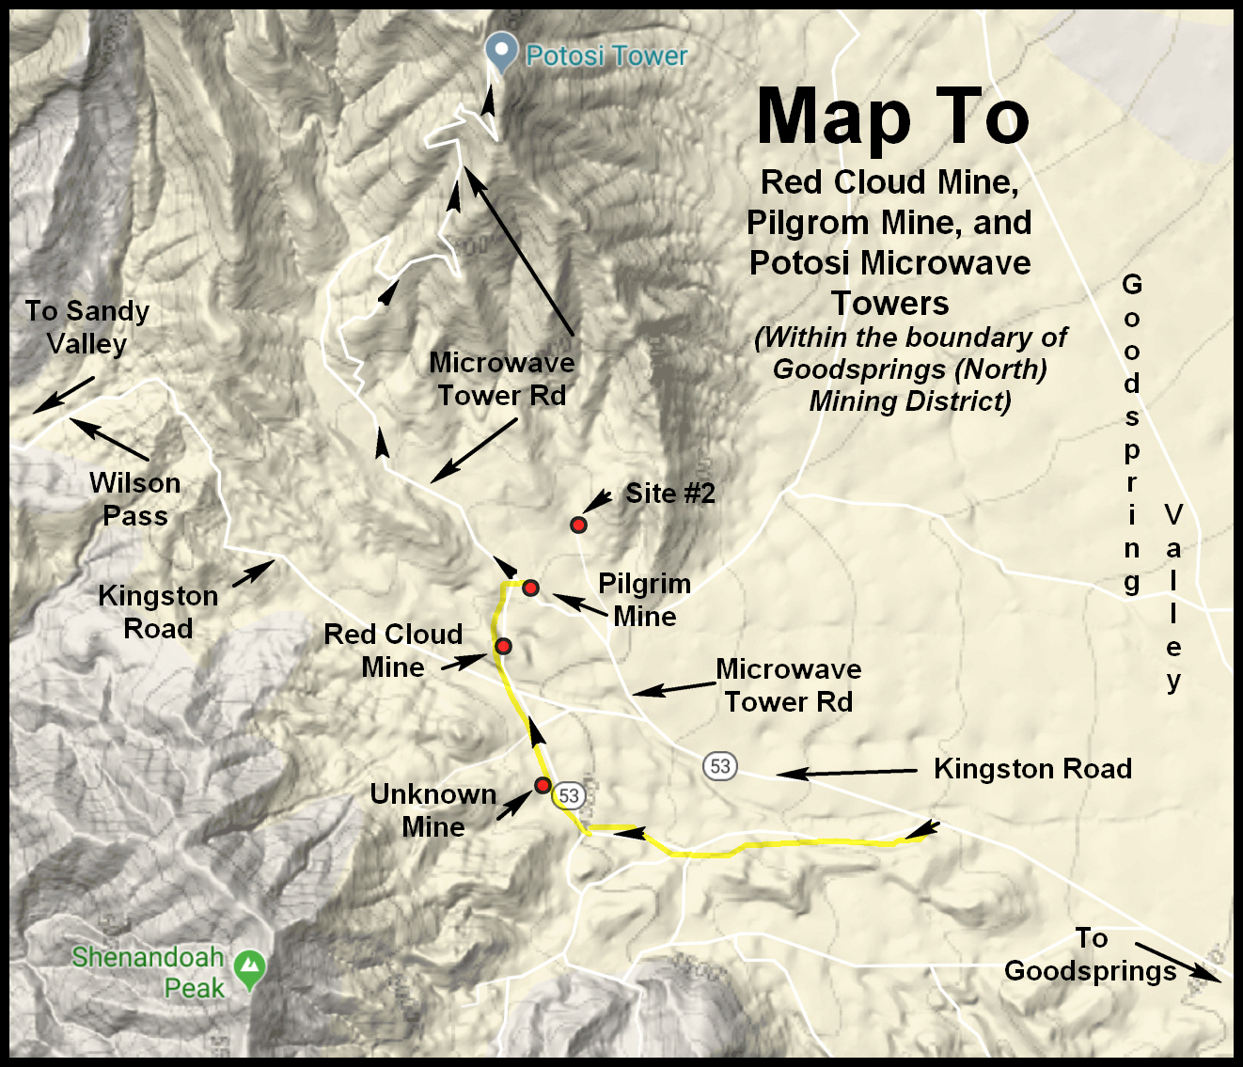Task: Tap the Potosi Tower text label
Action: [x=606, y=56]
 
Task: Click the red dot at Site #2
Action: [x=578, y=525]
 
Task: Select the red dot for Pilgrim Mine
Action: [x=530, y=588]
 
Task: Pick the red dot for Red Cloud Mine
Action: [x=503, y=646]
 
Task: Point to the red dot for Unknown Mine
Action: [x=543, y=785]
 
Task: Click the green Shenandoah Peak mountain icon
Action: [x=249, y=968]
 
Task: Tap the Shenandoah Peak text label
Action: [x=149, y=972]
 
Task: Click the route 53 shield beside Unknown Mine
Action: [x=569, y=796]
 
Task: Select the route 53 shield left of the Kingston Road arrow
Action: [x=720, y=766]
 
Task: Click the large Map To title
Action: [x=892, y=117]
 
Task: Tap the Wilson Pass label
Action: [x=135, y=499]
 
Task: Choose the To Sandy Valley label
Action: [x=87, y=327]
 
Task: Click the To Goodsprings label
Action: [x=1091, y=954]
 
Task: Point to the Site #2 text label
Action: [x=670, y=494]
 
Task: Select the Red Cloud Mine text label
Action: [x=393, y=651]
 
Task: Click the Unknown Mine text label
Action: [x=433, y=810]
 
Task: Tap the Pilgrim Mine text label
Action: [x=645, y=600]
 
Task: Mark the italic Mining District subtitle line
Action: [x=910, y=401]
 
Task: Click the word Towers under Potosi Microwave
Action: [x=889, y=304]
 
